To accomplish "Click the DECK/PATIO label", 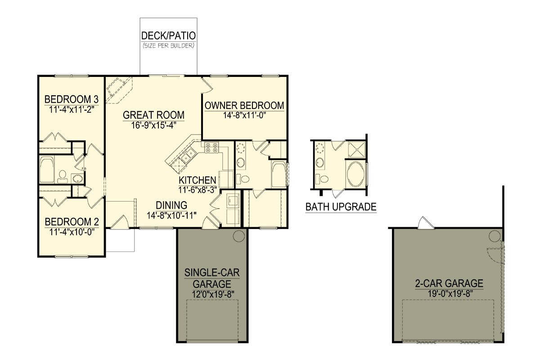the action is [168, 36].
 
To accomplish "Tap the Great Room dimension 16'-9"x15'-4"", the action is [153, 126].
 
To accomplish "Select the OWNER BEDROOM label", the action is [244, 106].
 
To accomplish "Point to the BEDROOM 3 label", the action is [72, 99].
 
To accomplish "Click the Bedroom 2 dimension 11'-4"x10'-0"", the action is [72, 232].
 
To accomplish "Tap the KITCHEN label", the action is [198, 180].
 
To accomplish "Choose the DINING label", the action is [171, 205].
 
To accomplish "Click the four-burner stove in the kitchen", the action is [211, 147].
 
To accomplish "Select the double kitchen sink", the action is [189, 156].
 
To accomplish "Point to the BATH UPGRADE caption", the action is [341, 207].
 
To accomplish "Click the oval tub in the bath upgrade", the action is [356, 174].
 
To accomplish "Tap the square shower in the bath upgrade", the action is [357, 150].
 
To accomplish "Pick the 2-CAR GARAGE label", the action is [449, 283].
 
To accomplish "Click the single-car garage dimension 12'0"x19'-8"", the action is [213, 294].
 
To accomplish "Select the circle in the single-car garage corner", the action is [239, 236].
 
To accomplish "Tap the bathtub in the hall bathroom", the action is [47, 170].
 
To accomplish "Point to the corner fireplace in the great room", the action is [119, 90].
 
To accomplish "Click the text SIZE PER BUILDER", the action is [168, 45].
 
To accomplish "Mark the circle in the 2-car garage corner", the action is [495, 236].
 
